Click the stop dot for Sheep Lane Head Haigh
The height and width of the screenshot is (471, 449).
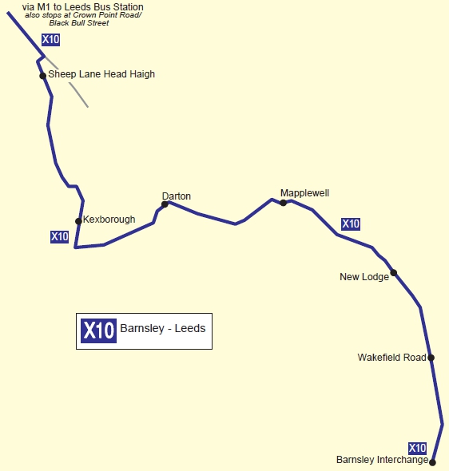click(x=43, y=76)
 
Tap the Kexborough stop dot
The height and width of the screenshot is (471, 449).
click(x=78, y=221)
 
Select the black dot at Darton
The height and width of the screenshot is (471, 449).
click(x=165, y=204)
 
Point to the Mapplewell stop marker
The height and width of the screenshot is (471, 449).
click(x=283, y=203)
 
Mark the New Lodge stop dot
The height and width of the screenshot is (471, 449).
click(x=393, y=272)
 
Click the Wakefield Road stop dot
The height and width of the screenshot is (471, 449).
click(x=431, y=358)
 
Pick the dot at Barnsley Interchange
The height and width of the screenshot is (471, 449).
click(x=433, y=461)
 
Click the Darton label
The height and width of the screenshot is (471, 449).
click(x=176, y=196)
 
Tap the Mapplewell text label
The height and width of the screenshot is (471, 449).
click(x=304, y=193)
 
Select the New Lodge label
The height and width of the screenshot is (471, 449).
click(x=364, y=277)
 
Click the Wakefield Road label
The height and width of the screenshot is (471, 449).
click(x=391, y=358)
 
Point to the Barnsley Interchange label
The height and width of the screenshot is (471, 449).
click(x=382, y=460)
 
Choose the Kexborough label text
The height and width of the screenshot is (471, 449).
click(x=109, y=220)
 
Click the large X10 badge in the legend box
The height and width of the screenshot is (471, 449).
click(x=98, y=330)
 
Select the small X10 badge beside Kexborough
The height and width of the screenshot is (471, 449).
click(x=59, y=237)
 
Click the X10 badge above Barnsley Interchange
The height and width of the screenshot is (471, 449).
click(x=417, y=448)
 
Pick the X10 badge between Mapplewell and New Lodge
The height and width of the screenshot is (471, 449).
click(x=351, y=224)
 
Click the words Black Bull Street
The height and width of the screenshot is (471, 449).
click(x=78, y=24)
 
